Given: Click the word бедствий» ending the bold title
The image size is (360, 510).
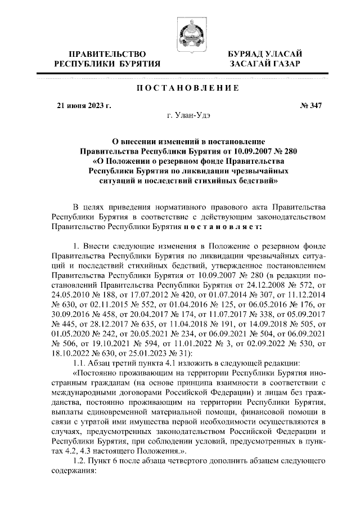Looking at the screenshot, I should point(255,182).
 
